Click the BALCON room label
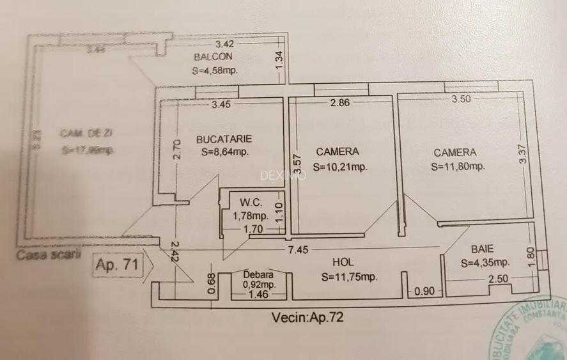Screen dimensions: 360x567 tap(213, 57)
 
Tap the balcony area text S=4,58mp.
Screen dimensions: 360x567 tap(215, 71)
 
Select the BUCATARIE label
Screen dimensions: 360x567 tap(224, 139)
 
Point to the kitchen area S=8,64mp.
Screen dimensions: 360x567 tap(224, 152)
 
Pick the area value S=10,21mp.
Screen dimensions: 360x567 tap(339, 167)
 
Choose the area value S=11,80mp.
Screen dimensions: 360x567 tap(458, 167)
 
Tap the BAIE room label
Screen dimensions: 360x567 tap(482, 249)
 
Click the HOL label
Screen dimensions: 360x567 tap(343, 262)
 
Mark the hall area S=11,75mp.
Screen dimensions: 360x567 tap(350, 277)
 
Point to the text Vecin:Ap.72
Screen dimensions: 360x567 tap(307, 317)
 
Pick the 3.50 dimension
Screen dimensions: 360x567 tap(462, 99)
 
